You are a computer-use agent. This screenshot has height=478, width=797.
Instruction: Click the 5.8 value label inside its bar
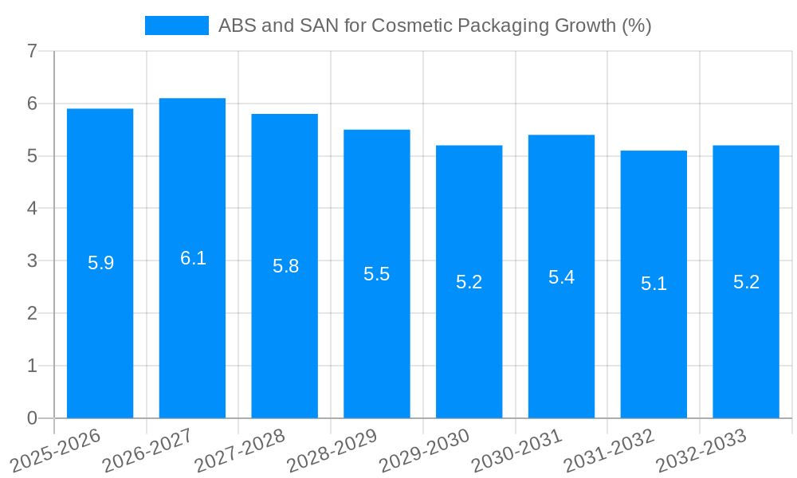click(285, 266)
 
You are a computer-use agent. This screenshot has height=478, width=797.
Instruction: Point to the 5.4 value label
click(561, 277)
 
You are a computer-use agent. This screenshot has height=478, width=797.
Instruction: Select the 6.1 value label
click(193, 258)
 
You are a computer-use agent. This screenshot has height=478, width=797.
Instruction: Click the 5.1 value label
click(654, 283)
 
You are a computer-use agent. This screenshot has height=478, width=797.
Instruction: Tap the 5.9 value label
click(100, 263)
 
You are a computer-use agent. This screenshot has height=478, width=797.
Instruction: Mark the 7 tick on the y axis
click(32, 52)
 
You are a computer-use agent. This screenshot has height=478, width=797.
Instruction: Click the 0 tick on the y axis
click(32, 418)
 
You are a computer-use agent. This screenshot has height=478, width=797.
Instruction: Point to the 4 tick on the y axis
click(32, 209)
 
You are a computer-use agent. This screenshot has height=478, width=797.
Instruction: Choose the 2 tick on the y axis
click(32, 313)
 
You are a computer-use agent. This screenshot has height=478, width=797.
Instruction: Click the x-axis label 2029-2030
click(425, 451)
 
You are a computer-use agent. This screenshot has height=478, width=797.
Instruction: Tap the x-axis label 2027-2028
click(240, 451)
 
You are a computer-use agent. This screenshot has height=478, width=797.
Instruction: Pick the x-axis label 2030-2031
click(517, 451)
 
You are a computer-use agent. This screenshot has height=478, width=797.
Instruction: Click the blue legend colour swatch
click(176, 25)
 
